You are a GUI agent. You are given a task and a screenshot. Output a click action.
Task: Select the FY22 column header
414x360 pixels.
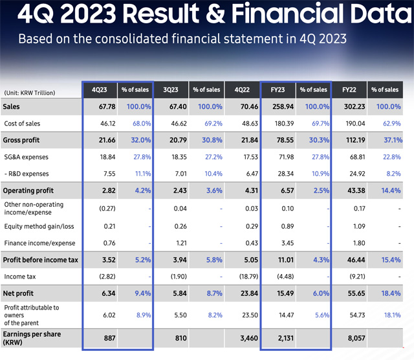pos(349,90)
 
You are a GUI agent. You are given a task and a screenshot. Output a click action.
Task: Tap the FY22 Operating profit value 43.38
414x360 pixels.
pos(349,191)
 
